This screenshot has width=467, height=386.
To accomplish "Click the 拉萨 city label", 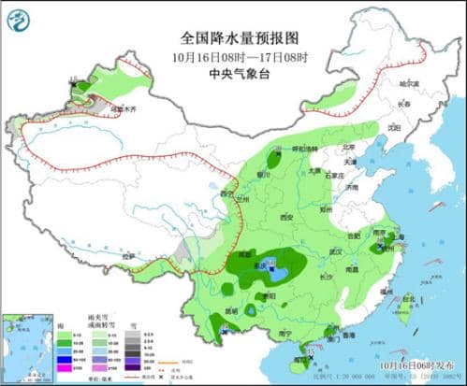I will click(127, 253).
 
